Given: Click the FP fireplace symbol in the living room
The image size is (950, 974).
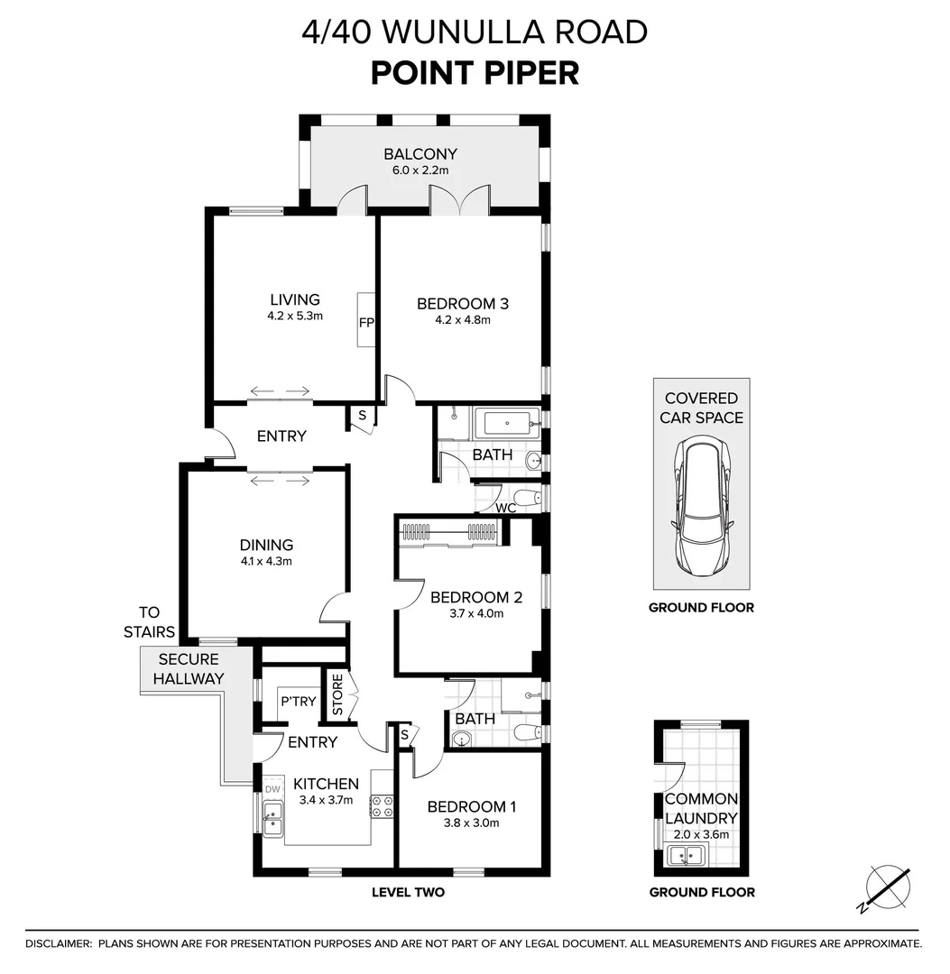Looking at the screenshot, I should point(366,321).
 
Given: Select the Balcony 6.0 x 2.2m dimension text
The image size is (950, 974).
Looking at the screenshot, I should point(420,170).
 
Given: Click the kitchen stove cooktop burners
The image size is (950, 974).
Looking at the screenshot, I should point(382,805).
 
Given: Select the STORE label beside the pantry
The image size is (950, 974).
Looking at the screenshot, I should point(337,695).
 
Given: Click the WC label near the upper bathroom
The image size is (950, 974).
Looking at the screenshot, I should point(506,508).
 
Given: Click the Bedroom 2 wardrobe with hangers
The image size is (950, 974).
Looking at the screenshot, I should point(448,533).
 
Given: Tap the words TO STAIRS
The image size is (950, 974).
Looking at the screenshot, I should point(149,621).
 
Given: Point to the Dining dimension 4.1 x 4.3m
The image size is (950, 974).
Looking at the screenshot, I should point(266,561).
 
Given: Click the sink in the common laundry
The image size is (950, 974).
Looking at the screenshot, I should point(685,853).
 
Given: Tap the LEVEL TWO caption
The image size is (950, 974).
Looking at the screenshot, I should point(408,893).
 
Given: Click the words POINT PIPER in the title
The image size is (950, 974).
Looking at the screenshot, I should point(475,72).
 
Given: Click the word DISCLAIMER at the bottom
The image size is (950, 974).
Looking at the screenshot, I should point(58,943).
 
